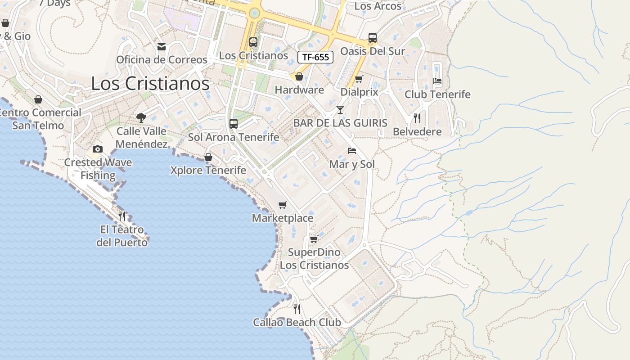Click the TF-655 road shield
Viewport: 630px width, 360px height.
(x=315, y=57)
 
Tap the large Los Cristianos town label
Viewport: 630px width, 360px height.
(x=150, y=84)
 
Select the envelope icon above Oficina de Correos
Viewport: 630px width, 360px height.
(x=162, y=47)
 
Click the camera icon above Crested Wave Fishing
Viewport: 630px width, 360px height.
(x=98, y=149)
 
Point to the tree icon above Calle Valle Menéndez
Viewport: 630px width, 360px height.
(x=141, y=118)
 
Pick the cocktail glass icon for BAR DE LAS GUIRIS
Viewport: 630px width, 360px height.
(x=340, y=109)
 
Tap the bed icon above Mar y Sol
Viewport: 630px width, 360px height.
(x=352, y=151)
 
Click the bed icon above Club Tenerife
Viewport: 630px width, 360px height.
(x=437, y=81)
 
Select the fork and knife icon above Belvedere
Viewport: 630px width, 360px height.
(x=417, y=118)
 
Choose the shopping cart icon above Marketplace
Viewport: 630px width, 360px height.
(x=283, y=205)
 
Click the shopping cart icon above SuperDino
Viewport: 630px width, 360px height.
(x=314, y=239)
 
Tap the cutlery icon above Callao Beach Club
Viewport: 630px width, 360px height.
(x=297, y=309)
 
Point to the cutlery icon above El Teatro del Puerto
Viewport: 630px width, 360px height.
(x=122, y=216)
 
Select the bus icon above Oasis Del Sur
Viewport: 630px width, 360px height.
(x=373, y=38)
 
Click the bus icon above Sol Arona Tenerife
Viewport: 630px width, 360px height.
(x=233, y=123)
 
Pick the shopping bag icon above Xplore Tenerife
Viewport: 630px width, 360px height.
(x=208, y=157)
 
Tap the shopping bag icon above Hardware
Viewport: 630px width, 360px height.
(x=299, y=76)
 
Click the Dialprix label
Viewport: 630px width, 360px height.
(x=359, y=92)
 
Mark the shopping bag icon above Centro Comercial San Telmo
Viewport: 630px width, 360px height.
(x=38, y=99)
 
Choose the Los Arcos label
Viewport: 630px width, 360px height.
(x=378, y=6)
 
